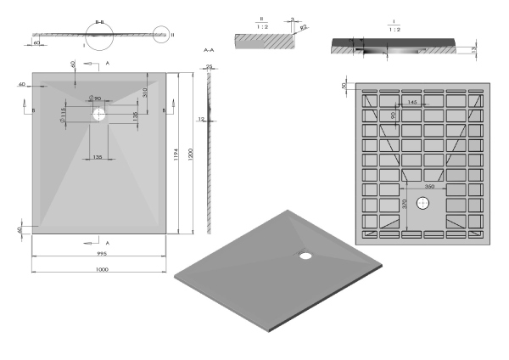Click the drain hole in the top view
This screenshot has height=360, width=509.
[100, 111]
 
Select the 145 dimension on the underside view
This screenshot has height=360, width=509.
[411, 102]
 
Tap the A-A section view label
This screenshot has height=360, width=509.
[209, 50]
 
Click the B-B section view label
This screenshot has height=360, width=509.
[100, 16]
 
